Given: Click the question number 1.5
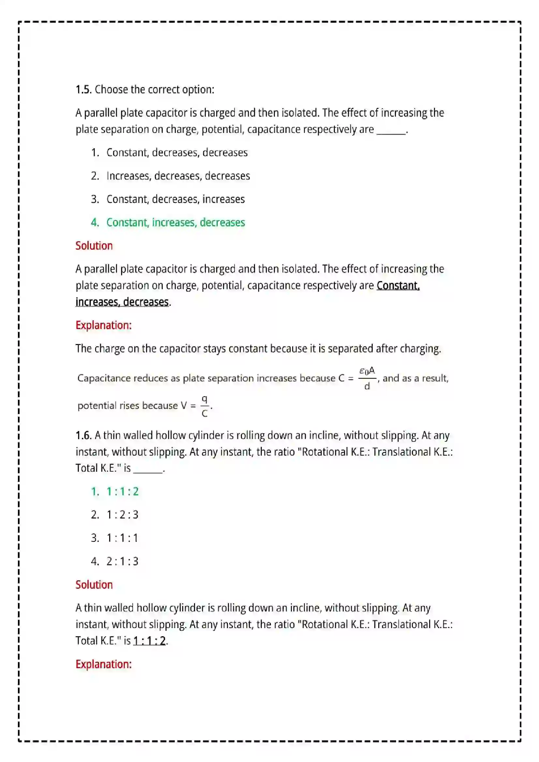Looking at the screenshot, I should point(83,90).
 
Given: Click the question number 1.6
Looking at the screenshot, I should point(83,435).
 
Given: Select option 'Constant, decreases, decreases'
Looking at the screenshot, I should point(177,153).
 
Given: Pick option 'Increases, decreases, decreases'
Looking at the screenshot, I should point(178,176).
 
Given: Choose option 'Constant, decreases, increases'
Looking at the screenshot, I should point(175,199).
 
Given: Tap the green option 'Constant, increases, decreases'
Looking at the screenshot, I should point(175,223).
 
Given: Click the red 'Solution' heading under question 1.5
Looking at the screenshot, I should point(94,246).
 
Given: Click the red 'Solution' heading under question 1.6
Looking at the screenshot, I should point(94,585).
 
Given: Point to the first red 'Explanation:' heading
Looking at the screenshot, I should point(103,325).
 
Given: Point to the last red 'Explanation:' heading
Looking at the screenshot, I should point(103,664).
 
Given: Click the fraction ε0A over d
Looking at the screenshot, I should point(367,378).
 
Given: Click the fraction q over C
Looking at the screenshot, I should point(204,406).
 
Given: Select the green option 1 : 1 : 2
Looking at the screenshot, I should point(122,492).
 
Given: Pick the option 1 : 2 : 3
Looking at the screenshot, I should point(122,515).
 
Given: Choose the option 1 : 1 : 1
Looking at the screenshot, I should point(122,538).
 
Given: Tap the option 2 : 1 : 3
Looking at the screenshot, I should point(122,561).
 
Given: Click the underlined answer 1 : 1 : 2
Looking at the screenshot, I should point(149,641).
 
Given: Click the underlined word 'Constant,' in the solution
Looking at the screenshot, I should point(398,285).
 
